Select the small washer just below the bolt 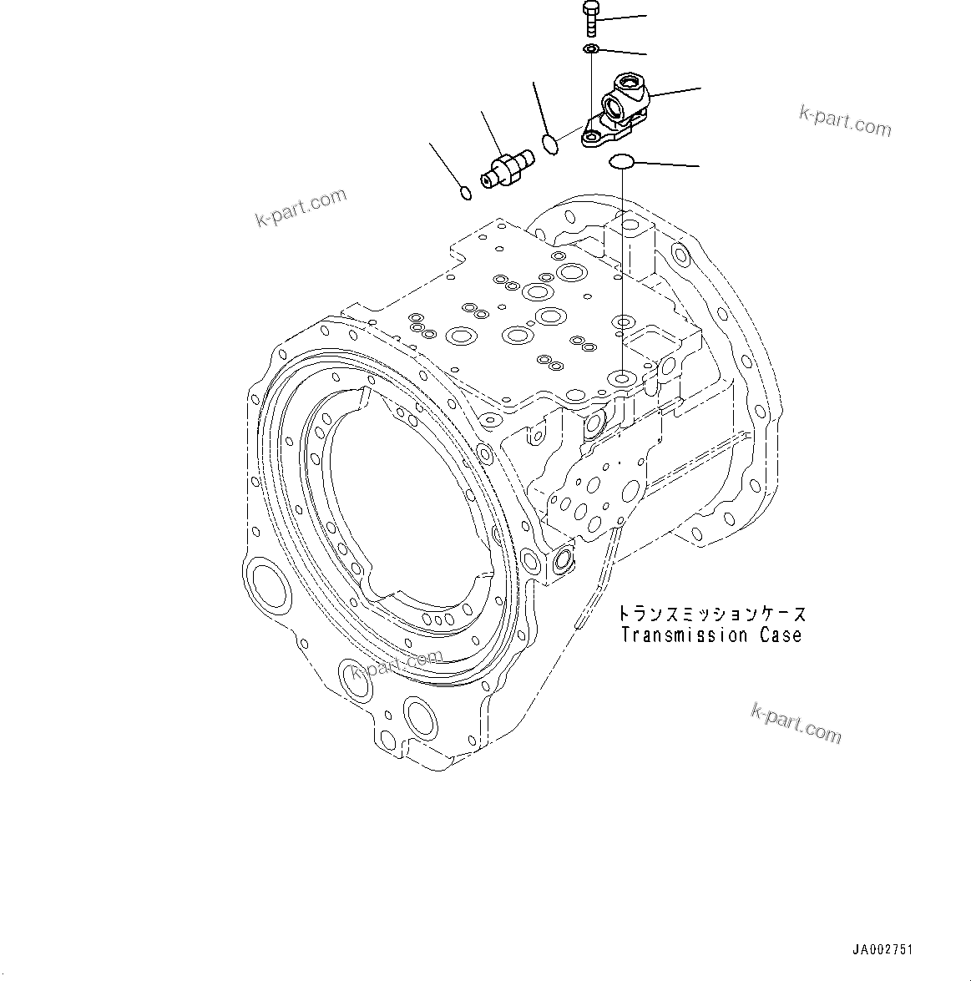pos(591,50)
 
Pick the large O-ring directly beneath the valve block pos(623,161)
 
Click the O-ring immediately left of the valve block pos(550,144)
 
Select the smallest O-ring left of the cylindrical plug pos(466,194)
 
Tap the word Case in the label pos(781,635)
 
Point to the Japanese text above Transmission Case pos(712,614)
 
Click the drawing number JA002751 pos(882,950)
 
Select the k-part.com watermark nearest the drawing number pos(796,722)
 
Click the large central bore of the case pos(401,509)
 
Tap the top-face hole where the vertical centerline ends pos(622,380)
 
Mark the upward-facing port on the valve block pos(627,83)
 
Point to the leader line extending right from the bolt pos(623,18)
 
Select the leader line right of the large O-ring pos(668,164)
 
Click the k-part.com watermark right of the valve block pos(845,122)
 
